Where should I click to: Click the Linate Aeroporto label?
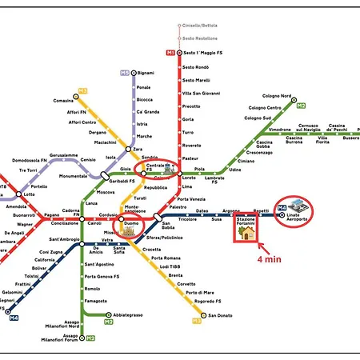pyautogui.click(x=298, y=219)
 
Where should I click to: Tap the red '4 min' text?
pyautogui.click(x=269, y=259)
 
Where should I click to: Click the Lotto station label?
pyautogui.click(x=30, y=194)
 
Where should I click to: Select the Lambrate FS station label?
pyautogui.click(x=216, y=179)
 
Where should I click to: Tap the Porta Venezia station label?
pyautogui.click(x=196, y=199)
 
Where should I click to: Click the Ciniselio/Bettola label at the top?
pyautogui.click(x=199, y=25)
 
